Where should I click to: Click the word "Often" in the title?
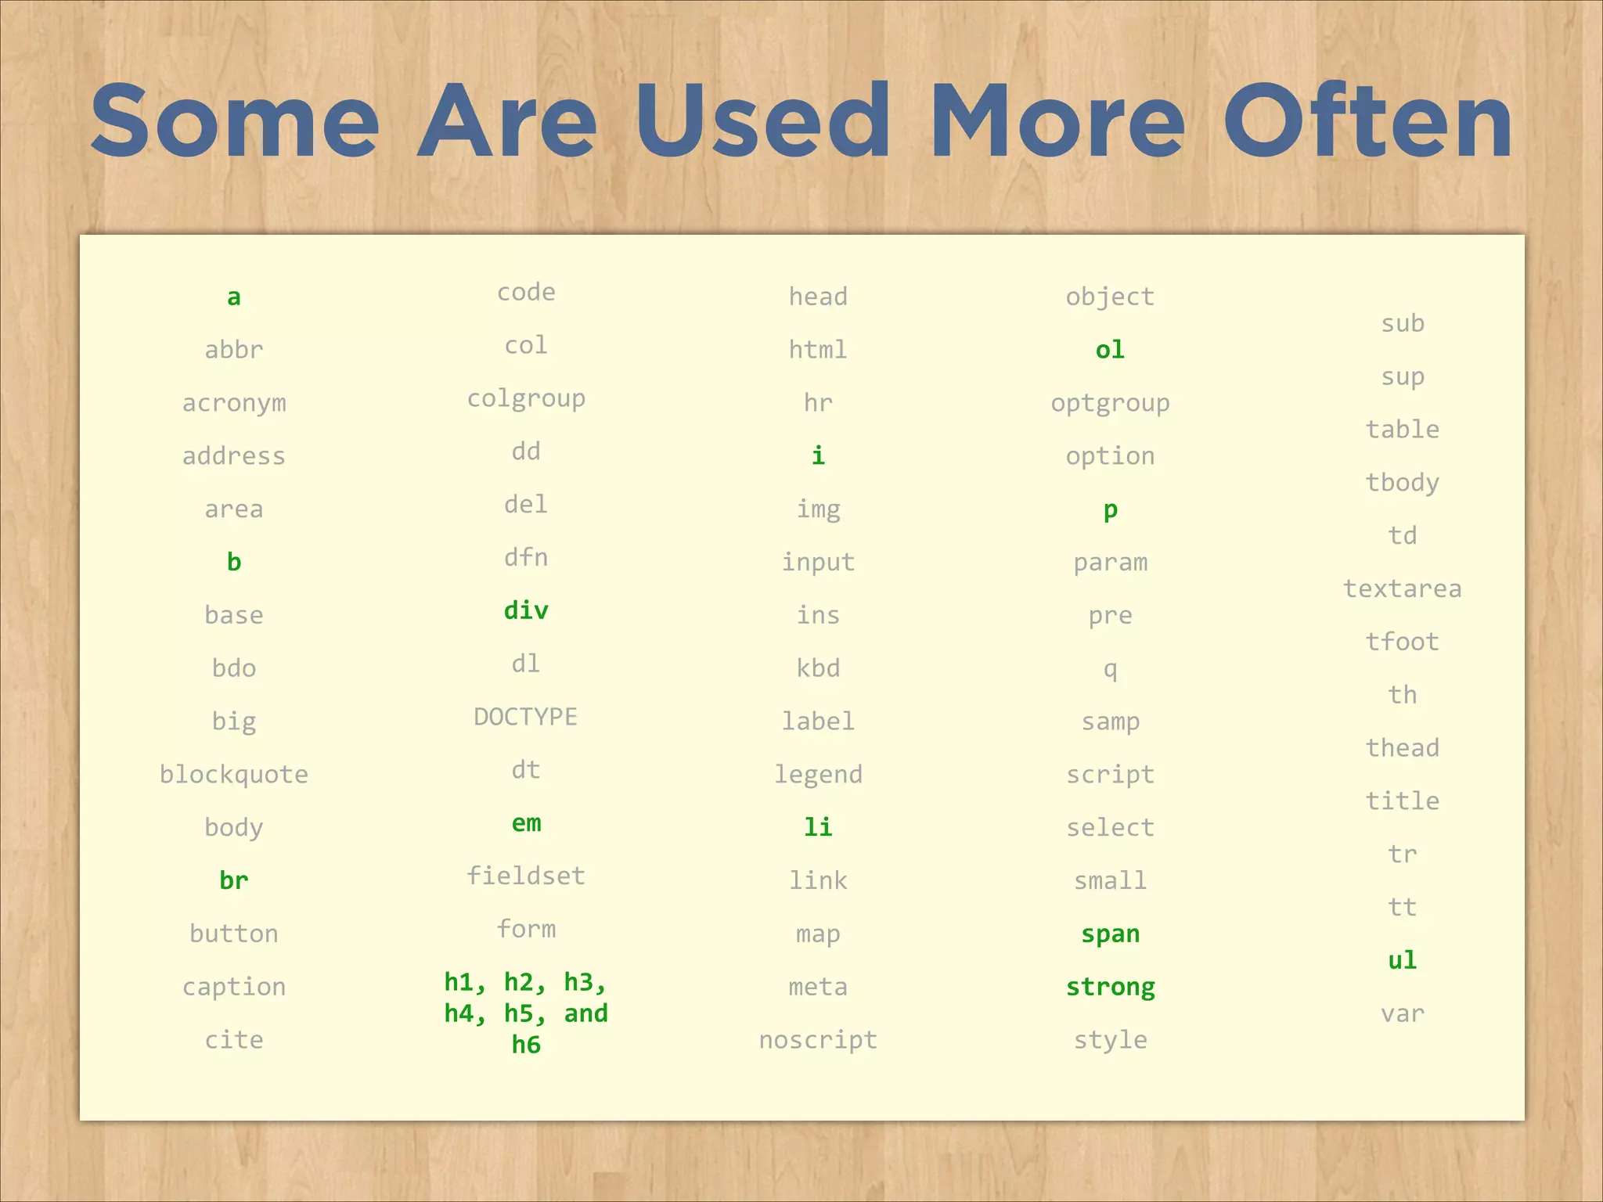point(1367,121)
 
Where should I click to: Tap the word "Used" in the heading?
point(763,121)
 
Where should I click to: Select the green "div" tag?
point(526,610)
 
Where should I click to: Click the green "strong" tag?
point(1110,988)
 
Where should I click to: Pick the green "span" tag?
point(1110,934)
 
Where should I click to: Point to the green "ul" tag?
point(1402,960)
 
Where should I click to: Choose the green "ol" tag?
point(1110,350)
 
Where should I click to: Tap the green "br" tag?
point(234,880)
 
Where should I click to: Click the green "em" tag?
point(526,823)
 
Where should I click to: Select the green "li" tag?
point(818,827)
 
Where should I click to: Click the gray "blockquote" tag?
point(234,775)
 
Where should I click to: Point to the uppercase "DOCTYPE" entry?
point(526,717)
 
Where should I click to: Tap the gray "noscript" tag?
point(818,1040)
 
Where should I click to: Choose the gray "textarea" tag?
point(1402,588)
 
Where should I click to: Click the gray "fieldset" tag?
point(526,876)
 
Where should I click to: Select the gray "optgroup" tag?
point(1110,404)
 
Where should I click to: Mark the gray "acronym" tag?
point(234,404)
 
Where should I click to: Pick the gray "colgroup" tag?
point(526,399)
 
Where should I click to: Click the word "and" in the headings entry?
point(585,1013)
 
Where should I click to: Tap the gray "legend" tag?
point(818,775)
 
